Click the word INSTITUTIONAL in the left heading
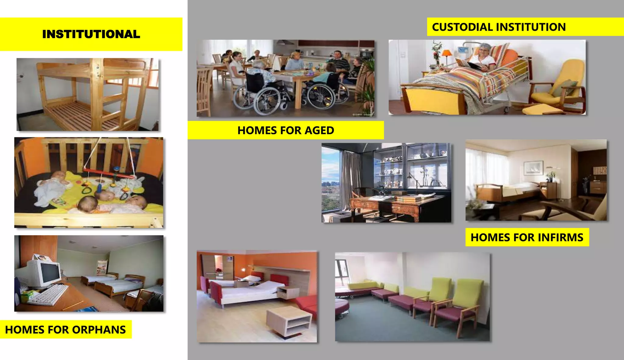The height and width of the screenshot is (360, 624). [x=91, y=34]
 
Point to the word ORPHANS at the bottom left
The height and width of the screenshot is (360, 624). [x=99, y=330]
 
